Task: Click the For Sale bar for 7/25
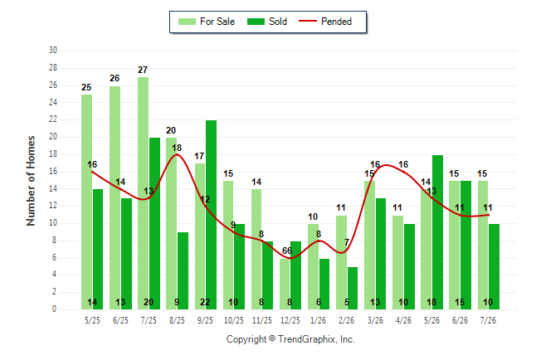[144, 193]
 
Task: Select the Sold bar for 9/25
[211, 215]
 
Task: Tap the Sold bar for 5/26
[437, 232]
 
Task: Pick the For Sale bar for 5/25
[86, 202]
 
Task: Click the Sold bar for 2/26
[353, 288]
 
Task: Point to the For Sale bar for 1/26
[313, 266]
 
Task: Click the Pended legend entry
[325, 22]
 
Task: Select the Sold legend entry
[267, 22]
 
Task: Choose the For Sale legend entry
[207, 22]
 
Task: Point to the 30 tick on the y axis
[52, 51]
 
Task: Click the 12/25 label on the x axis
[290, 320]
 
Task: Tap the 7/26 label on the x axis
[488, 320]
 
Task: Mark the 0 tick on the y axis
[54, 309]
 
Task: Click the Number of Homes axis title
[31, 181]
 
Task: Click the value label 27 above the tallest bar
[143, 70]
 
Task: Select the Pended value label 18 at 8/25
[177, 148]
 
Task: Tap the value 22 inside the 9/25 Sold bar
[205, 302]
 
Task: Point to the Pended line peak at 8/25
[177, 154]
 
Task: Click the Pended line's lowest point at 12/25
[290, 258]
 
